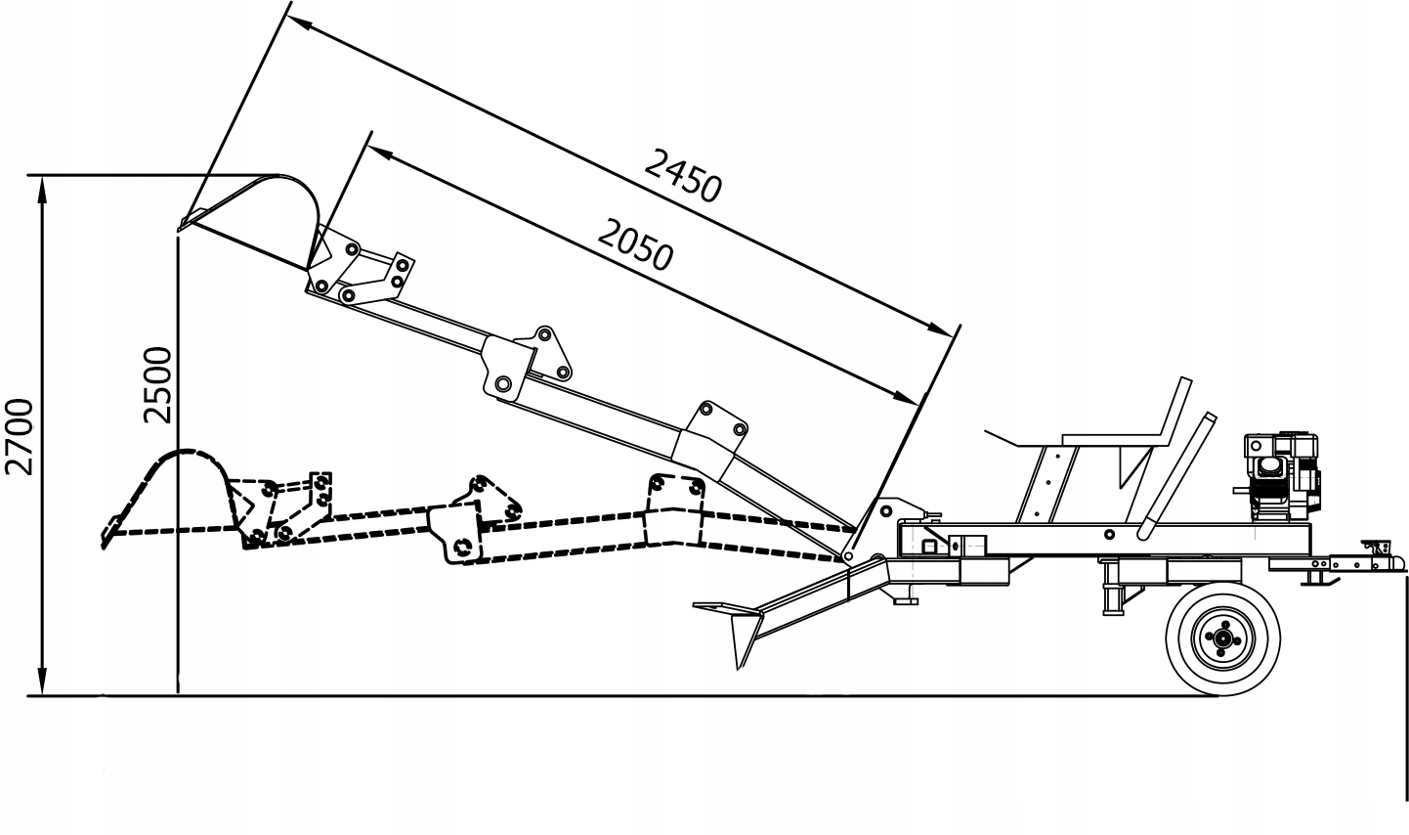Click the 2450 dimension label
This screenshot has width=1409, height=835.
pyautogui.click(x=682, y=173)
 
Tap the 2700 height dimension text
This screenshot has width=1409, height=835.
pyautogui.click(x=19, y=436)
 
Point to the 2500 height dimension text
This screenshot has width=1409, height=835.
pyautogui.click(x=156, y=384)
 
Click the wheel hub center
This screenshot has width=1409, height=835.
pyautogui.click(x=1221, y=637)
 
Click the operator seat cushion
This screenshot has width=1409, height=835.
pyautogui.click(x=1104, y=438)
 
